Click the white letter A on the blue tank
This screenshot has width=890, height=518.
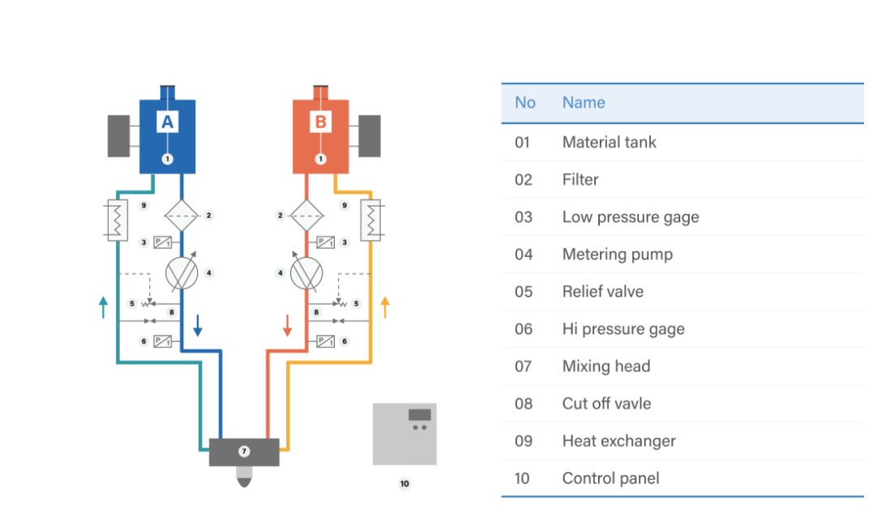167,122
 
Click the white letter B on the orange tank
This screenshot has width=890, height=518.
320,122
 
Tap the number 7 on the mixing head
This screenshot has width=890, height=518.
244,452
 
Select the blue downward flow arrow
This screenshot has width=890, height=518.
197,326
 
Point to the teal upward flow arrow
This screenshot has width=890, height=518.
103,306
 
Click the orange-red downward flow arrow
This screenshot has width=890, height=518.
287,326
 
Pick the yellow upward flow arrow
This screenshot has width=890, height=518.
385,306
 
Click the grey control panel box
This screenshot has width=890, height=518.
404,434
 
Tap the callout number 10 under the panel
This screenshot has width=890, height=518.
404,484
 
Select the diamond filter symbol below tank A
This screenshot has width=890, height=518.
181,216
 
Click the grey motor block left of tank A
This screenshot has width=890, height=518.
118,136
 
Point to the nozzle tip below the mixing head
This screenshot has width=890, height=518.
244,481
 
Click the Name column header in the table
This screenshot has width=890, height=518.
584,103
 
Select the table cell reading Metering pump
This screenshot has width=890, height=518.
617,255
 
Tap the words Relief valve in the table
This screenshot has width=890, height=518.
602,292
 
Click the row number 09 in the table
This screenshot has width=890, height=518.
524,441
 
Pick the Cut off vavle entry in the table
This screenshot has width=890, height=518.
606,404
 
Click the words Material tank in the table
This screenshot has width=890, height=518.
609,143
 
